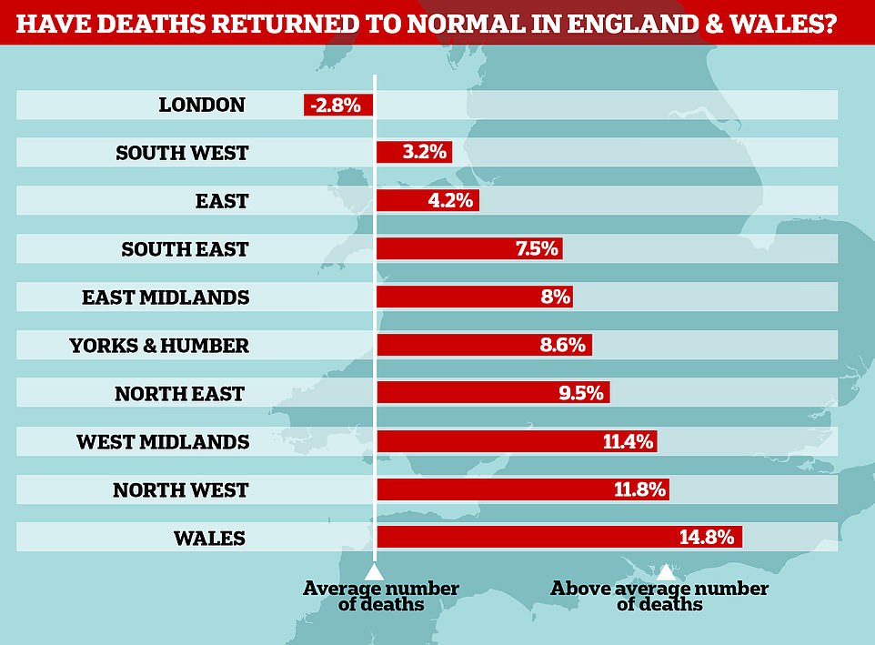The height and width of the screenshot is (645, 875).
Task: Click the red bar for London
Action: tap(337, 106)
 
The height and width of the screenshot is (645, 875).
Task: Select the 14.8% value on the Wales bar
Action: tap(706, 537)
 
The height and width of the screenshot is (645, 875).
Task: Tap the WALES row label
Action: tap(209, 538)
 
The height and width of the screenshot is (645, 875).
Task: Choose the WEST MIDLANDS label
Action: tap(163, 442)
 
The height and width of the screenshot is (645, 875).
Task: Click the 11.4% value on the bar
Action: tap(629, 442)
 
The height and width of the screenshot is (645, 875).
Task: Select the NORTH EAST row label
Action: tap(179, 394)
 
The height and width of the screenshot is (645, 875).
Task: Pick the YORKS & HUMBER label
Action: tap(159, 346)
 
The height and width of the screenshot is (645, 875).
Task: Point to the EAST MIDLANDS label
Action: tap(165, 297)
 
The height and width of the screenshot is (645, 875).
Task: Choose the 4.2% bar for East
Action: tap(427, 201)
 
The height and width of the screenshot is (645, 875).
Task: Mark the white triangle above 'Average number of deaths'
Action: tap(373, 570)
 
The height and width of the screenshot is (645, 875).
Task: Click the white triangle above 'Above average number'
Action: tap(666, 570)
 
